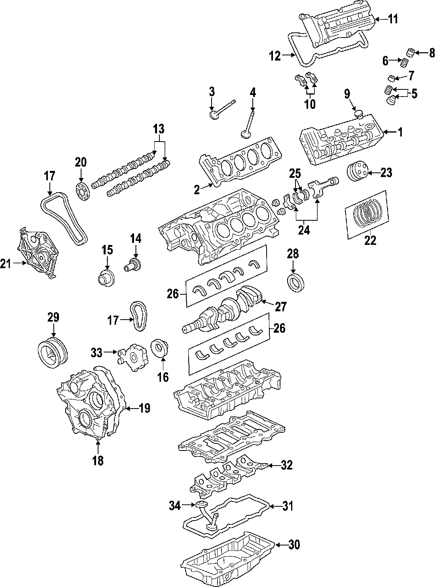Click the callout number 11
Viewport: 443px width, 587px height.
coord(393,19)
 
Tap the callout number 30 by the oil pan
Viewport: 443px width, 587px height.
coord(294,545)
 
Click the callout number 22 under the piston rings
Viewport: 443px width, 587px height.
coord(370,240)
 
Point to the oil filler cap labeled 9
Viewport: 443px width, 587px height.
coord(358,114)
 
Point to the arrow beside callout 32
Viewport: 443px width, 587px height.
coord(272,465)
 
